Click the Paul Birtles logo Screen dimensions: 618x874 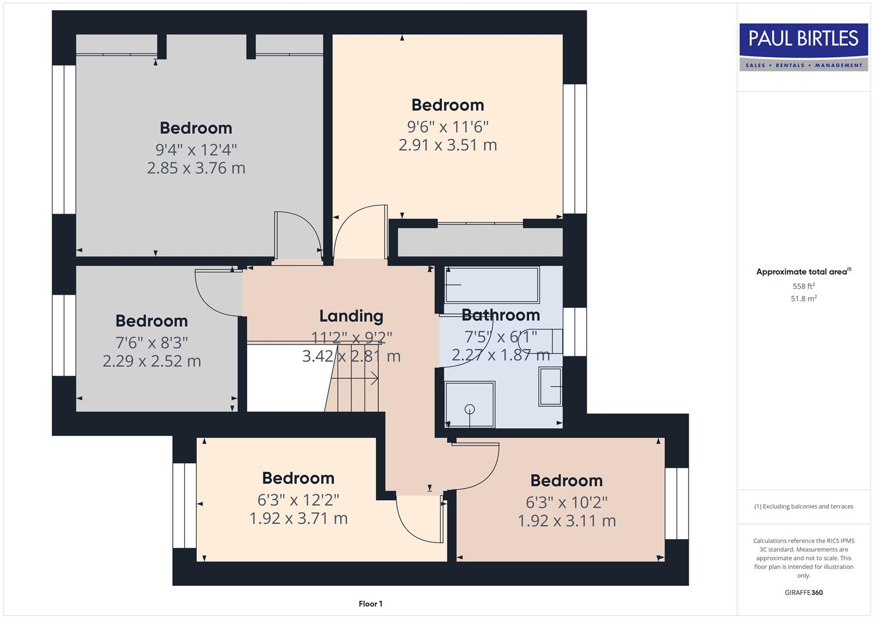pos(803,47)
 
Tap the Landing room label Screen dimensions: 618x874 pos(351,316)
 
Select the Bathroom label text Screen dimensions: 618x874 pos(500,315)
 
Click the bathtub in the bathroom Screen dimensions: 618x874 pos(492,284)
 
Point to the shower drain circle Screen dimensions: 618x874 pos(470,409)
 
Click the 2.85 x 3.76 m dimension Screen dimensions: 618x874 pos(196,168)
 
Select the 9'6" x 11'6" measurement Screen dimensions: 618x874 pos(448,126)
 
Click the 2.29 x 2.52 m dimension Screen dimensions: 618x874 pos(152,361)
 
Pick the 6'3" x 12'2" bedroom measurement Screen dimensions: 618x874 pos(298,500)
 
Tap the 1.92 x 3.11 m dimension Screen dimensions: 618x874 pos(567,521)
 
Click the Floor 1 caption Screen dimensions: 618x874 pos(370,604)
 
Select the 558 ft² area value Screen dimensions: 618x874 pos(804,286)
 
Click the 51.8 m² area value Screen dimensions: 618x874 pos(804,299)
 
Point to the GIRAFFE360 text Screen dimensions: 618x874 pos(804,592)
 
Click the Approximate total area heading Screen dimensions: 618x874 pos(803,272)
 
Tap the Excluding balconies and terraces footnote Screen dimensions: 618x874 pos(804,506)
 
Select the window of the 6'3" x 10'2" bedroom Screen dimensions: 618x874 pos(676,504)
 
